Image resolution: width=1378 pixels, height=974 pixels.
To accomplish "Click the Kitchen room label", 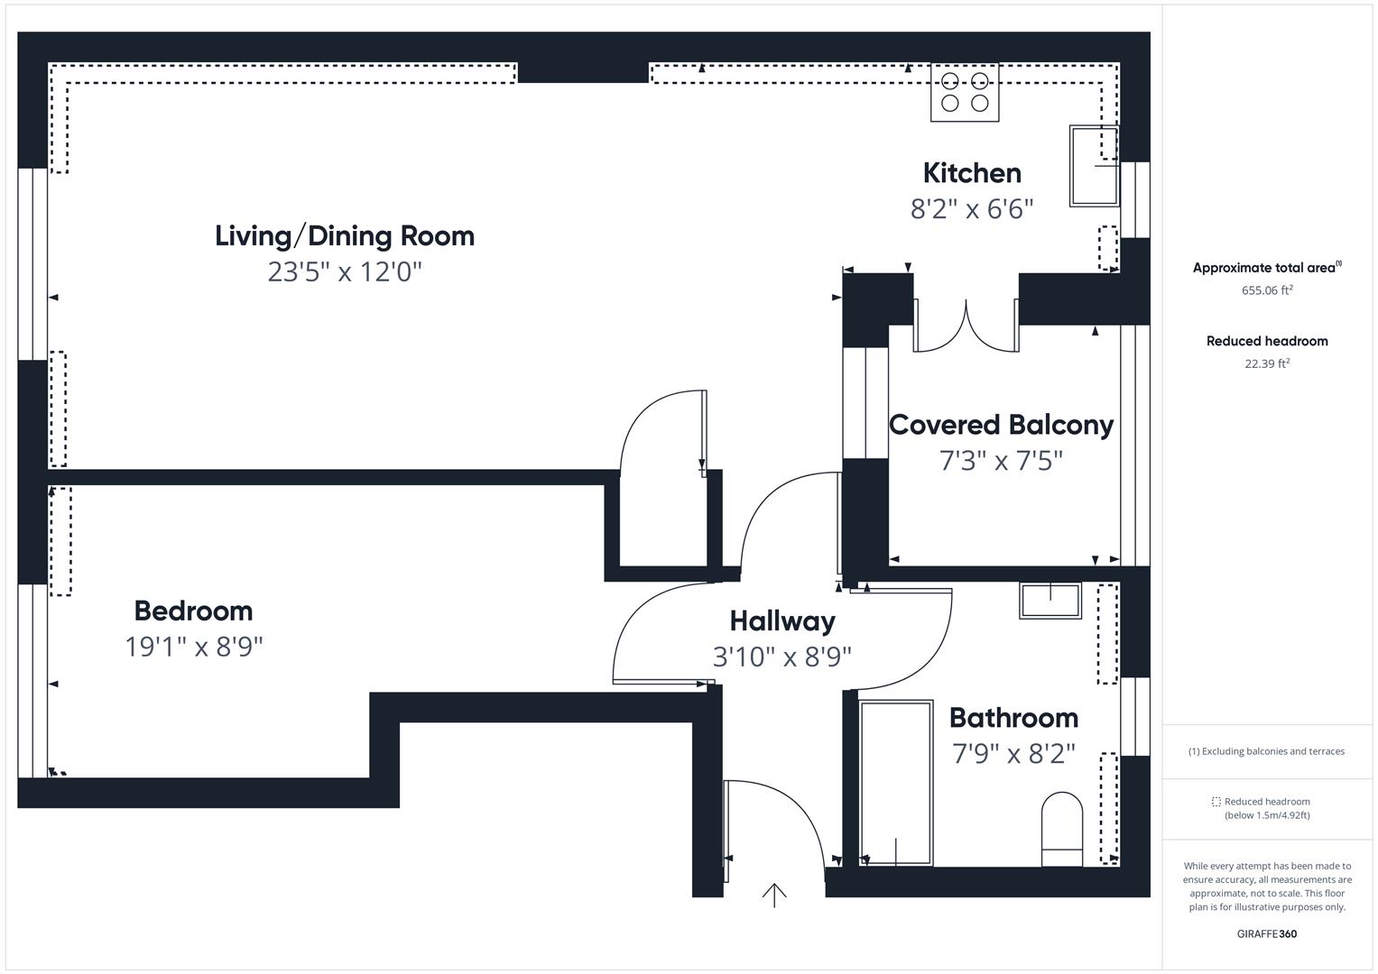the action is (972, 173).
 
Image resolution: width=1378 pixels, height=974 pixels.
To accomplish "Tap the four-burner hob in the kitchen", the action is (964, 93).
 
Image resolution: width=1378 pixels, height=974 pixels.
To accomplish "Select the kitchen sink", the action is (1094, 166).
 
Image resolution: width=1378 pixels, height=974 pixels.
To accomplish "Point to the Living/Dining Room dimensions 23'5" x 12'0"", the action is (345, 271).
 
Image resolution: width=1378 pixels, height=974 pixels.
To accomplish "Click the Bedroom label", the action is (193, 611).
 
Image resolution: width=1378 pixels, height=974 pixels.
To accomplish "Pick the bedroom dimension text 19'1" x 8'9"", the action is (194, 647).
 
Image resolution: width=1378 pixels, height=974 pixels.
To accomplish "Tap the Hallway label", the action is (781, 621).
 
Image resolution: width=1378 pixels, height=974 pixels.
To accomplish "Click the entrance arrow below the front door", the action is (774, 896).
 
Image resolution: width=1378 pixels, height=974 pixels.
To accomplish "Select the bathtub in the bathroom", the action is (896, 783).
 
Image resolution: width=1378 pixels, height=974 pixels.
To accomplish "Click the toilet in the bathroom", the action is (1062, 829).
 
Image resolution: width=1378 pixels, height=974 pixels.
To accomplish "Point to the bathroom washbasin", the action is (1050, 600).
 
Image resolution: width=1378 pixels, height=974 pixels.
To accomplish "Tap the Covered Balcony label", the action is (1001, 426).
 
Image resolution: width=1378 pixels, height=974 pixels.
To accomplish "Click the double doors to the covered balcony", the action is (966, 326).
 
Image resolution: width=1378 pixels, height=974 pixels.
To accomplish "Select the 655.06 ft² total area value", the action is (1267, 290).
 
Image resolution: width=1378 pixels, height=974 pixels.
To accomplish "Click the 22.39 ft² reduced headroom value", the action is (1267, 363).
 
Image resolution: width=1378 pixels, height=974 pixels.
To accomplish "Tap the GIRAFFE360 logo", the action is (1267, 933).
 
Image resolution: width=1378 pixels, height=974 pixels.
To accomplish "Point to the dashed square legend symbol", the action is (1216, 801).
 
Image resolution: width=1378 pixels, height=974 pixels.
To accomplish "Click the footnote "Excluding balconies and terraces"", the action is (1272, 750).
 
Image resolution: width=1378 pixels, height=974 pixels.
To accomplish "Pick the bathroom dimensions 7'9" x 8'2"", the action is (1013, 754).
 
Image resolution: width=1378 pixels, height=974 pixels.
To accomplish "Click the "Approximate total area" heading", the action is (1263, 268).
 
